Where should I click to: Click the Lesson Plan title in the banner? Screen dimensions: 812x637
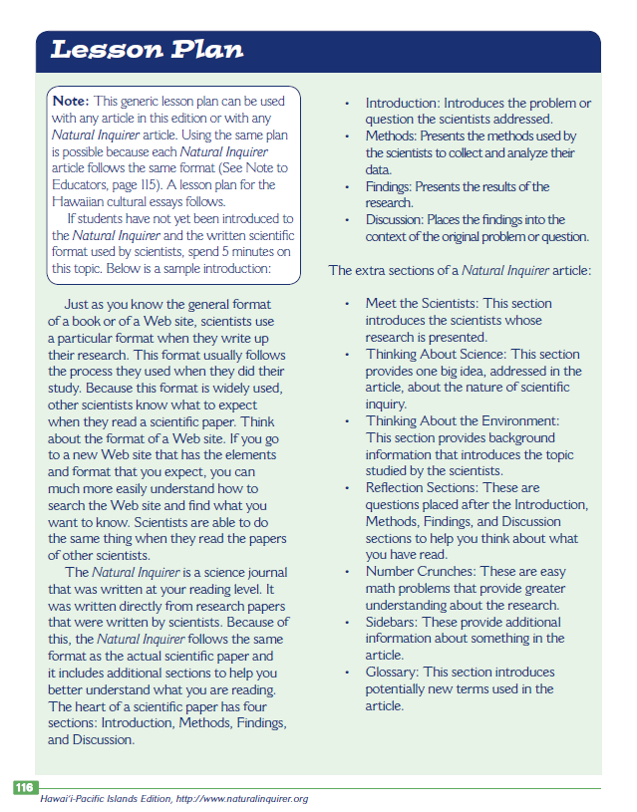147,50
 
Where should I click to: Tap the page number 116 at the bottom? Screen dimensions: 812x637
24,787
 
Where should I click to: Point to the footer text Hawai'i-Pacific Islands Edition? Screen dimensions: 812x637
104,799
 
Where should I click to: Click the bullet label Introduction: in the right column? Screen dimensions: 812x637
403,104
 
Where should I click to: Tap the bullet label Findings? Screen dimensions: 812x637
389,186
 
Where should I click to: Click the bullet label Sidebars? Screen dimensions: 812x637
393,622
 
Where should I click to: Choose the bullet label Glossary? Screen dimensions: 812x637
393,673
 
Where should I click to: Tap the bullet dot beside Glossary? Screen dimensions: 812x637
346,673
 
